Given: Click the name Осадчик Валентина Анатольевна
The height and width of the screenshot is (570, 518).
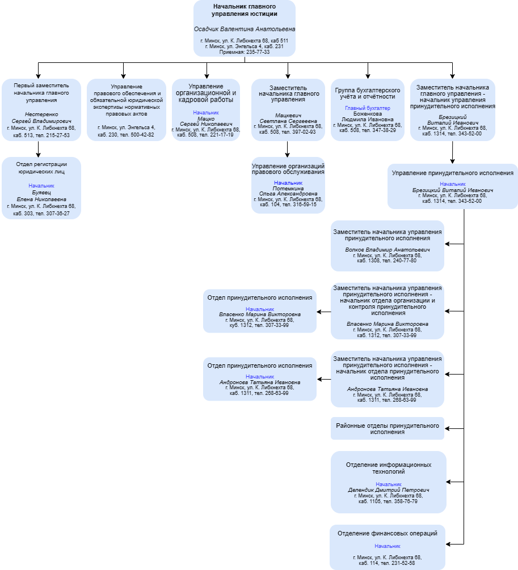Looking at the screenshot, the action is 245,29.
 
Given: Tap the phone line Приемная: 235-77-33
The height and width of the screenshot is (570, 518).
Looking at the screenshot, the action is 245,52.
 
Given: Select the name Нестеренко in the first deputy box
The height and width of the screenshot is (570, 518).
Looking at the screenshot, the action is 41,114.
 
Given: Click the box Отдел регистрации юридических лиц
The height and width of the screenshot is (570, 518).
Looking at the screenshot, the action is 41,188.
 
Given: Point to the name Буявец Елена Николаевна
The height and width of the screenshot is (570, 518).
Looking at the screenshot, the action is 41,196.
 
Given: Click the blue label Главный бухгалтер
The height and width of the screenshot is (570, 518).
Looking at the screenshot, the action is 368,108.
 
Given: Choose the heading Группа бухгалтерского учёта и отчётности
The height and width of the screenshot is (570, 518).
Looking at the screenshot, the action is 368,93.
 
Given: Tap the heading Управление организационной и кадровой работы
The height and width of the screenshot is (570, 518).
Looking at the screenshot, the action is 206,93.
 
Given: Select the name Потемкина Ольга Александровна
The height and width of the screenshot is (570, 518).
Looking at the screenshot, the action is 288,191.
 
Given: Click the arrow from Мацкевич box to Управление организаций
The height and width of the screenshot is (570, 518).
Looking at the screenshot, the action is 287,149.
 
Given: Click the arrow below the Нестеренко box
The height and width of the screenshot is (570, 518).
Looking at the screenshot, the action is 38,149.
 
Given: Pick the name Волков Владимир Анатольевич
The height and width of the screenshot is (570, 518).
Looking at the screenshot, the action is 388,250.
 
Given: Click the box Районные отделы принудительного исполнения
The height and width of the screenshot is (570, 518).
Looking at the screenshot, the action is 388,428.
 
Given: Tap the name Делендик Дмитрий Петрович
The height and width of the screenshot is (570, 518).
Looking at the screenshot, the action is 389,490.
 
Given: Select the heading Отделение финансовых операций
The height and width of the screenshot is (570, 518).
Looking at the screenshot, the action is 388,533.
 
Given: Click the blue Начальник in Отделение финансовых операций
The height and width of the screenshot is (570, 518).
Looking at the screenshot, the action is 388,546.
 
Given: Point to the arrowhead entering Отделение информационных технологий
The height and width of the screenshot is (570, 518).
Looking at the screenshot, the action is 448,482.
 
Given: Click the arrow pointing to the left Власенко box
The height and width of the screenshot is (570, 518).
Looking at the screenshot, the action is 323,312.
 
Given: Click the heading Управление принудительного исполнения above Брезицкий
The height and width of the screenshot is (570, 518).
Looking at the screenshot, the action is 453,173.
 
